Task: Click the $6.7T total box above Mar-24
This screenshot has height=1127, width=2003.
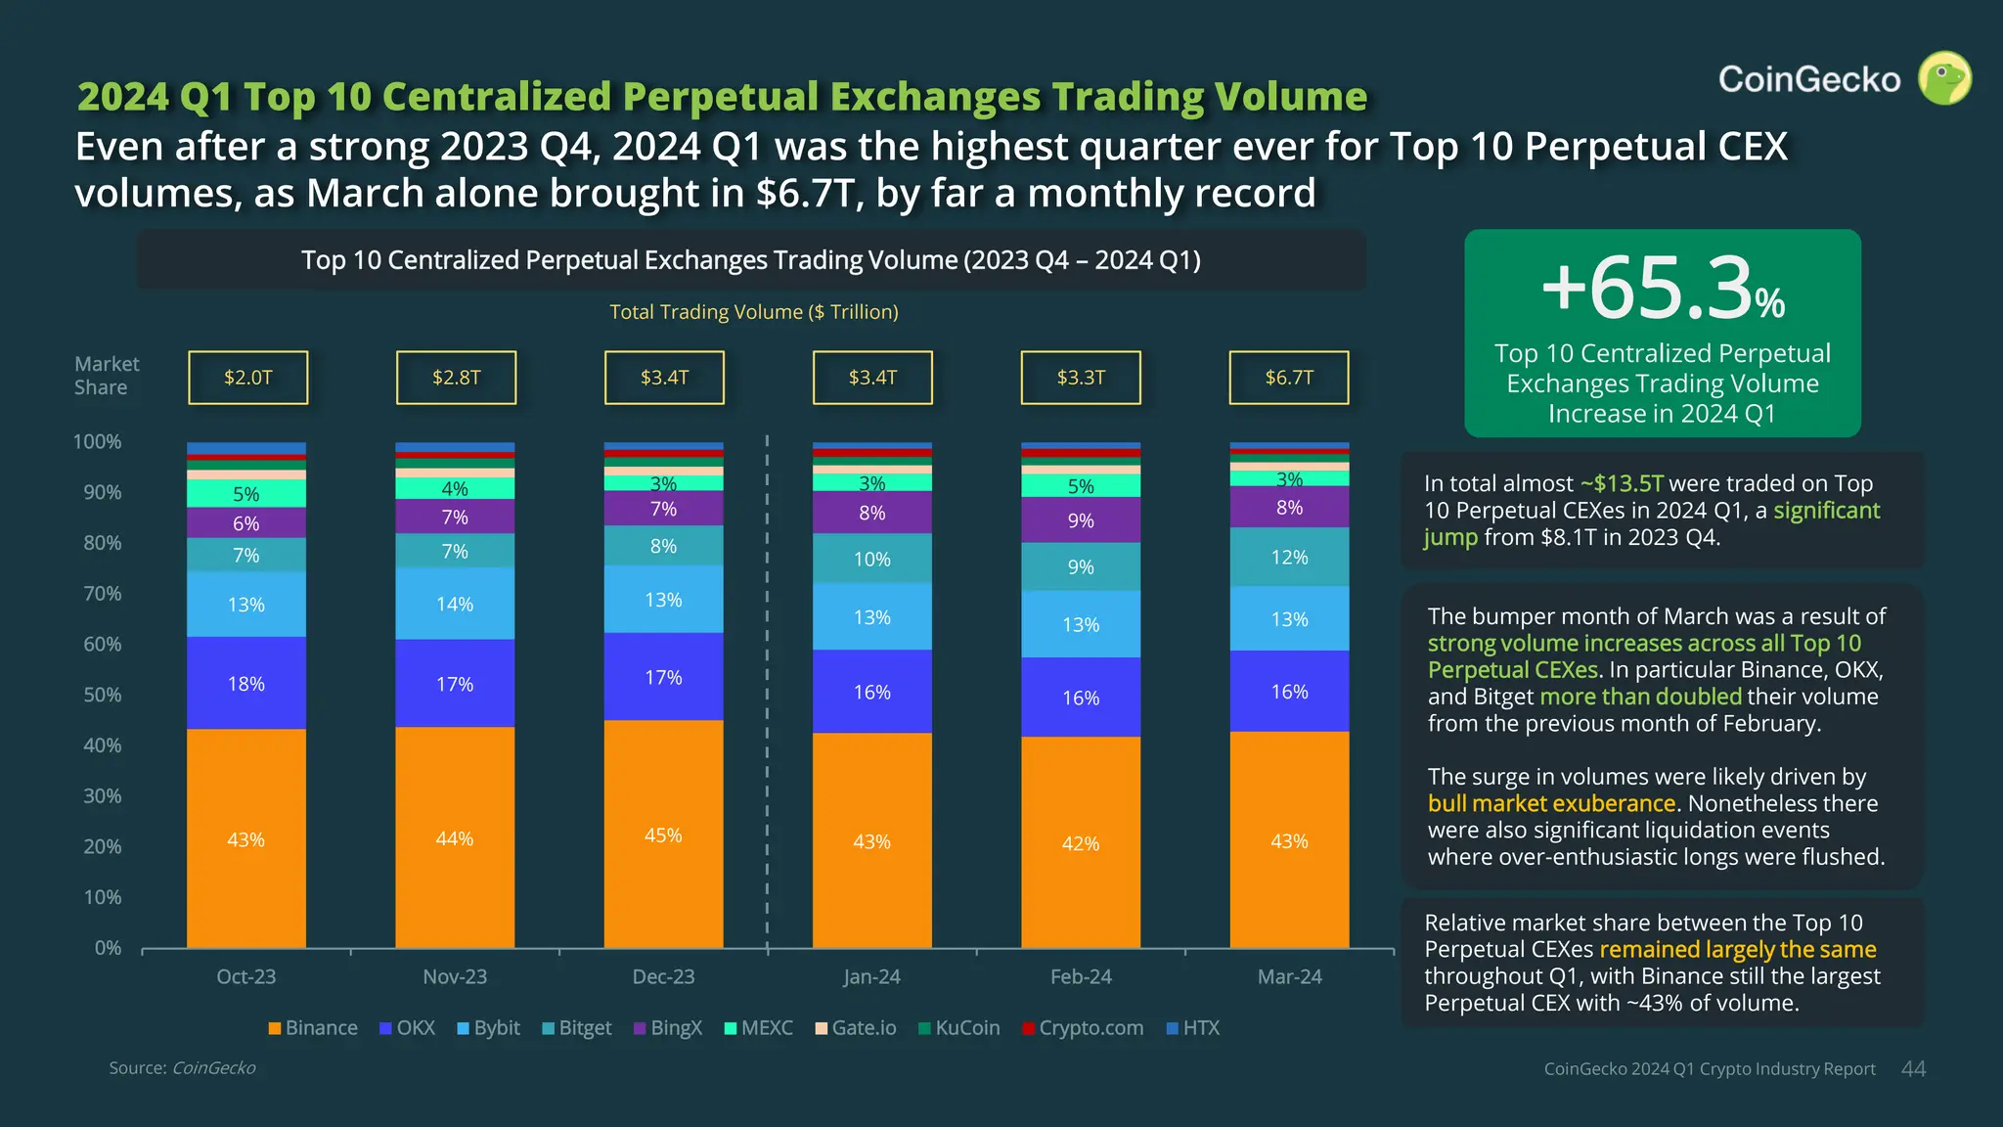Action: pos(1288,378)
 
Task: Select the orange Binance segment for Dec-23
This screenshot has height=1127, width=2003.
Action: pos(663,834)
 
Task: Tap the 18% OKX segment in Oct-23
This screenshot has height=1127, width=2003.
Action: pos(246,683)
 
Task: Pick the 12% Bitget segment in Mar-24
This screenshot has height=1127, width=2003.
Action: pos(1289,557)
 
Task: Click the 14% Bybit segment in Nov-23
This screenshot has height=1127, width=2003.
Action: pos(455,604)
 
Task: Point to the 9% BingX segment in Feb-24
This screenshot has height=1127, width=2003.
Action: pos(1081,520)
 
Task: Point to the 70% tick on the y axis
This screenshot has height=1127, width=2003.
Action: pos(103,593)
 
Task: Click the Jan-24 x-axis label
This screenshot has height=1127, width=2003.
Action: pos(871,976)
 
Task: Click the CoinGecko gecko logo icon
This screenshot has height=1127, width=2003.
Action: pos(1943,78)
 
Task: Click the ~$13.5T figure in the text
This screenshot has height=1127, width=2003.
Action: pos(1622,483)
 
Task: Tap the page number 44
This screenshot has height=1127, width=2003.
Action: pos(1913,1069)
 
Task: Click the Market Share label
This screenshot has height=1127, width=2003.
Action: pos(107,376)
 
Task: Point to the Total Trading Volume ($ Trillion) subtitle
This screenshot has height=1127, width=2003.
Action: pos(753,312)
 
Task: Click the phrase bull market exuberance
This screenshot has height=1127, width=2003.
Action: pos(1551,803)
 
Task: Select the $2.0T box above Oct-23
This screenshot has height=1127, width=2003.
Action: pos(247,378)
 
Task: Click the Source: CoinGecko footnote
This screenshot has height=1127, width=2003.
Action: pos(182,1067)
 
